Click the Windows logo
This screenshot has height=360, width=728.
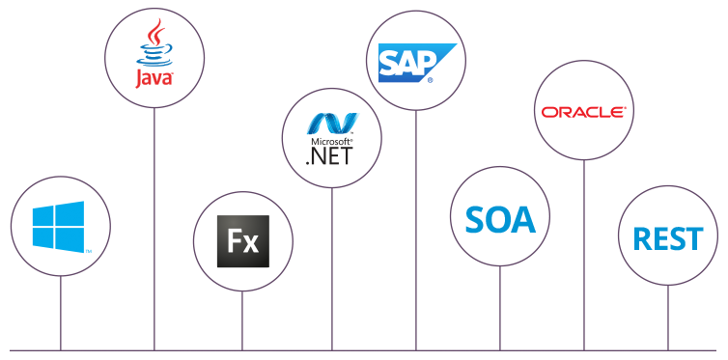pyautogui.click(x=58, y=227)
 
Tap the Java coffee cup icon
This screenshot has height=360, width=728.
pyautogui.click(x=154, y=42)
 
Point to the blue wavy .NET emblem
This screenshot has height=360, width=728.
pyautogui.click(x=331, y=123)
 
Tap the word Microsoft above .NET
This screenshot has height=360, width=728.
pyautogui.click(x=328, y=142)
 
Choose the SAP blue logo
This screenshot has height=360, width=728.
pyautogui.click(x=409, y=61)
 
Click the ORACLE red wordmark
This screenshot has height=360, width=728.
pyautogui.click(x=583, y=112)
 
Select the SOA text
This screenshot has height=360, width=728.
pyautogui.click(x=499, y=219)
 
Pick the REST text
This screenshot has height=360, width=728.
pyautogui.click(x=667, y=237)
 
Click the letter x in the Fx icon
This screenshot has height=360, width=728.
pyautogui.click(x=251, y=242)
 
